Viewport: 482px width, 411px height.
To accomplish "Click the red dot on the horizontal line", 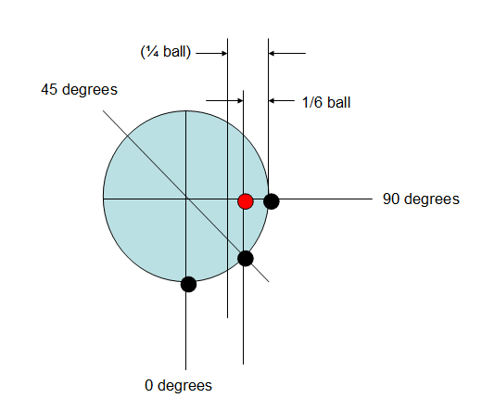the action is point(246,201).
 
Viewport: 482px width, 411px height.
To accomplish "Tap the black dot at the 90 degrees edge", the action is point(272,201).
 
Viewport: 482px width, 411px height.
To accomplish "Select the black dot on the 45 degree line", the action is point(246,259).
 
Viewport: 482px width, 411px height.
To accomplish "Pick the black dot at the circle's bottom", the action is point(188,284).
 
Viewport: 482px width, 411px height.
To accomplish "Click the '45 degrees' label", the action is point(79,90).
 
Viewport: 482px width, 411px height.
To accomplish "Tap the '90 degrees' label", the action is point(421,199).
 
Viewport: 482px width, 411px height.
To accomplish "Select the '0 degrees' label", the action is point(178,386).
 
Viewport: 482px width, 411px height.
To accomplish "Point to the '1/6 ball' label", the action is point(326,102).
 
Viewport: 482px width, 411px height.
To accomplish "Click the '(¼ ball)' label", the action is point(166,52).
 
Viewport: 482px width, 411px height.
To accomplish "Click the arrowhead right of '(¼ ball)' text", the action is point(225,53).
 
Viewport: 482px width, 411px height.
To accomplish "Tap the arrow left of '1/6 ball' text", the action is point(282,100).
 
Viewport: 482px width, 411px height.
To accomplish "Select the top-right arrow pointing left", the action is point(287,53).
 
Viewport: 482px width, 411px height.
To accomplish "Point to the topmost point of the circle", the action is point(185,110).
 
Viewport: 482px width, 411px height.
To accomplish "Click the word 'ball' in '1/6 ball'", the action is point(339,102).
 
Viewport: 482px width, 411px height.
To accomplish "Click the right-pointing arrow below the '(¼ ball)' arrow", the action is point(224,100).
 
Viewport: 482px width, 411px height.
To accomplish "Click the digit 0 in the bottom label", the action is point(148,386).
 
